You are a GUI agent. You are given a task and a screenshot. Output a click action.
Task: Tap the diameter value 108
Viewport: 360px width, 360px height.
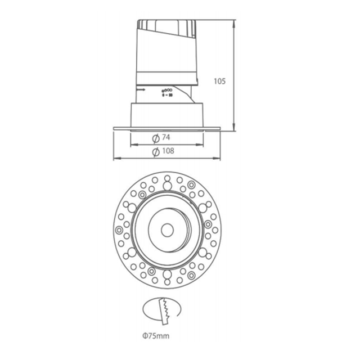168,151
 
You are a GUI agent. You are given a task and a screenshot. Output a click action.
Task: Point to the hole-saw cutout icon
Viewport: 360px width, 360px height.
164,310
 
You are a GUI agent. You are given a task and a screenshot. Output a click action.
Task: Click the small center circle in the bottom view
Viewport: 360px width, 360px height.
166,229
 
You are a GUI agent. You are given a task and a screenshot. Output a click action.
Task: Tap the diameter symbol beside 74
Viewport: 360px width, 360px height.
155,138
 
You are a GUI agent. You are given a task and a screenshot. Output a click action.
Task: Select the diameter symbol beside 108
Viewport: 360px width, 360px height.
155,151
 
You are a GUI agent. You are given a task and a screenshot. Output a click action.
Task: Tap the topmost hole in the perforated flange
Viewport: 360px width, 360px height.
166,179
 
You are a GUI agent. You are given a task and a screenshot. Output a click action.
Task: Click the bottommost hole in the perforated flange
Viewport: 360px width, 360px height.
166,281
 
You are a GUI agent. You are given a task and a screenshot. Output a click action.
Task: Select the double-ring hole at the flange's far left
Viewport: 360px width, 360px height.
119,229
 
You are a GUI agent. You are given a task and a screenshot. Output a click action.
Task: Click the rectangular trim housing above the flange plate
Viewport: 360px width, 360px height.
167,115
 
